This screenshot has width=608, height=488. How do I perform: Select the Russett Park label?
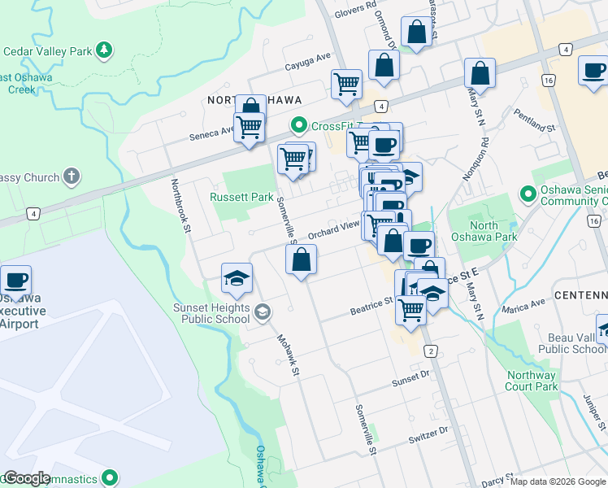tap(241, 197)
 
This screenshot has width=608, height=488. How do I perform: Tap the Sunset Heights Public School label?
tap(211, 312)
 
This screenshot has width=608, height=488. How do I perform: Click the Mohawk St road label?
tap(288, 356)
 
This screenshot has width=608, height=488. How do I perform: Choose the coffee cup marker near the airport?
tap(15, 281)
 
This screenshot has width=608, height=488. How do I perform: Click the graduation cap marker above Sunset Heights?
tap(237, 279)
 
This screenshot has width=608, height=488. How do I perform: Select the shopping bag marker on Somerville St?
tap(301, 260)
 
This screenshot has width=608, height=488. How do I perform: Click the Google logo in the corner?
tap(27, 478)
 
